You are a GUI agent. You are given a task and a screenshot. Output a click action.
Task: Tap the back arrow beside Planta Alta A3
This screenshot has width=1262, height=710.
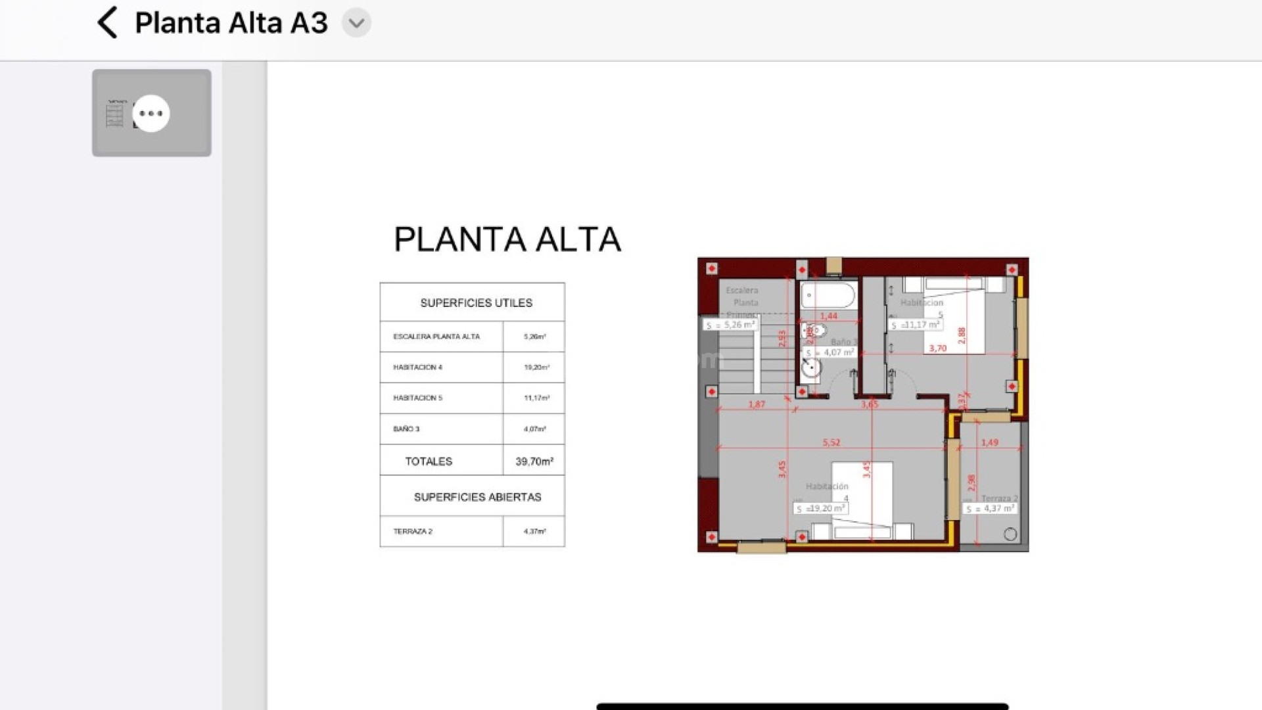107,22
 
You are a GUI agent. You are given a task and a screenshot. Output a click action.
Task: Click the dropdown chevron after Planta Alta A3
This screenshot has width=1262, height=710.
356,23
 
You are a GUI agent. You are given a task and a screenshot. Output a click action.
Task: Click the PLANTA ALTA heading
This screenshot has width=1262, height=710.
507,239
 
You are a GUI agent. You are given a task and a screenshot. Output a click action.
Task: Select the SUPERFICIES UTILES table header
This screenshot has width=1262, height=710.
476,303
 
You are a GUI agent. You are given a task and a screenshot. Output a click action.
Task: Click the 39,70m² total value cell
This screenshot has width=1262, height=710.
534,461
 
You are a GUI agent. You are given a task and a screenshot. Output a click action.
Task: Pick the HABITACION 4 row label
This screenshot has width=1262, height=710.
418,367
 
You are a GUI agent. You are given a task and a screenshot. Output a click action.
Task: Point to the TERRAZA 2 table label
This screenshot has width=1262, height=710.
413,531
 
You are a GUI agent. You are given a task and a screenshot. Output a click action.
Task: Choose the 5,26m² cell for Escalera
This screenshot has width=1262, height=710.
534,337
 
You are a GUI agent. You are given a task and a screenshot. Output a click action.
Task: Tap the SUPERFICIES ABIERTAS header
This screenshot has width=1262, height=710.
477,497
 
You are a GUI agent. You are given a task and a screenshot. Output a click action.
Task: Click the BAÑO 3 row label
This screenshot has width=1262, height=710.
406,429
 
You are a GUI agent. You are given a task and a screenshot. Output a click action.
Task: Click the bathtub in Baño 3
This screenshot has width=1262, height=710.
829,295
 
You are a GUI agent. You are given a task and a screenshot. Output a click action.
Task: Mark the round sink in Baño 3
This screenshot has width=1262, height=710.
811,367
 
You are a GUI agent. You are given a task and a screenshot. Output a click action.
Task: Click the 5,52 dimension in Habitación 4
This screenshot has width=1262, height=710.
831,442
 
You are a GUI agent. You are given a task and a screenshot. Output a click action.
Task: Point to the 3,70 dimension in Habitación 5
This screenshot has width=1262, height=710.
937,348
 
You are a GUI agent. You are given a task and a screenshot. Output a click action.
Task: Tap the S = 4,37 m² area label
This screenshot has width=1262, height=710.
991,508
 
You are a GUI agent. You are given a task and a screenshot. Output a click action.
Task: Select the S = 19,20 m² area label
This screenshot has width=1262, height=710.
820,508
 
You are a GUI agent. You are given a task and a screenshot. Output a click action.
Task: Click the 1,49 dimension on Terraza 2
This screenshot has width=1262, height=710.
989,442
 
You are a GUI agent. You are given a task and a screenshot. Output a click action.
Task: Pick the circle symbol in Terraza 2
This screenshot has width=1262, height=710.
1010,534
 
